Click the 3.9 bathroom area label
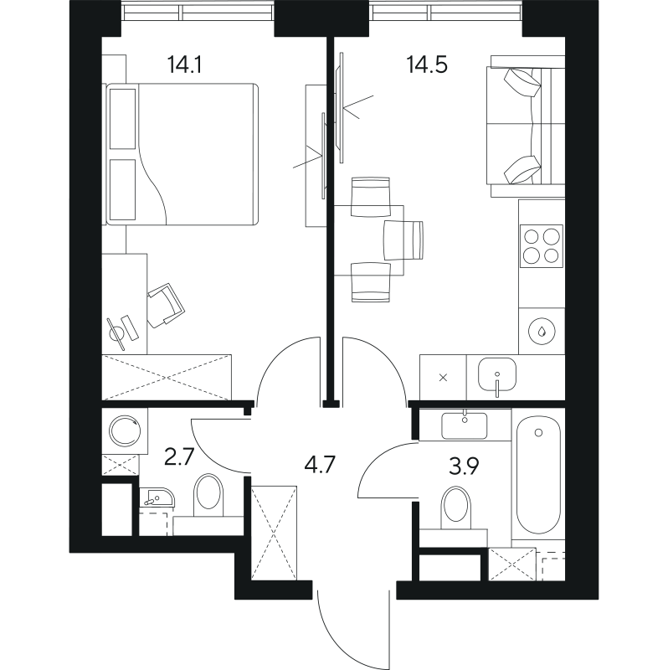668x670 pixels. (x=461, y=466)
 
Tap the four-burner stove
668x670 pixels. (x=541, y=245)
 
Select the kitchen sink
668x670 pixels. (x=497, y=374)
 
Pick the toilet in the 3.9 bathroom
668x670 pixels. (x=455, y=508)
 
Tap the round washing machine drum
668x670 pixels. (x=126, y=431)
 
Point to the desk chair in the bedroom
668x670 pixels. (x=165, y=303)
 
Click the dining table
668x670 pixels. (x=368, y=240)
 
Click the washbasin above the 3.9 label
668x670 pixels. (x=465, y=425)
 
